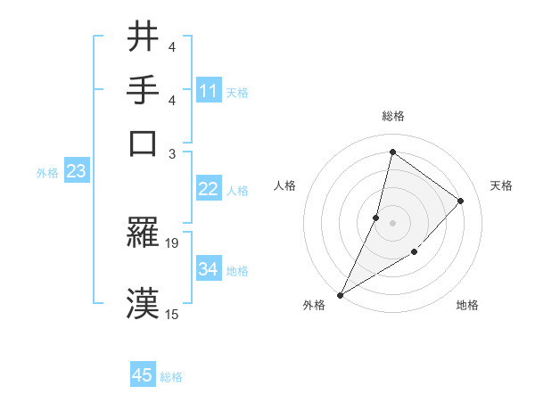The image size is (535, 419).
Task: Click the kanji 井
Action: (x=144, y=38)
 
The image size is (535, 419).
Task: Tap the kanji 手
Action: (x=144, y=90)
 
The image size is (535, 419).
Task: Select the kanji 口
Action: (x=144, y=143)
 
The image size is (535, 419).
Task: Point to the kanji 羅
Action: (x=144, y=234)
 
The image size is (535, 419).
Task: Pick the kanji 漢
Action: (x=144, y=303)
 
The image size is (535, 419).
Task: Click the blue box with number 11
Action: (x=209, y=91)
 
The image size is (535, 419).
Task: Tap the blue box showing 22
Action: (x=209, y=189)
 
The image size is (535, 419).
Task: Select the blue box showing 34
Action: (x=209, y=269)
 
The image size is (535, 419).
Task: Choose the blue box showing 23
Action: (x=76, y=172)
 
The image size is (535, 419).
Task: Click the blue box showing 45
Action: (x=143, y=375)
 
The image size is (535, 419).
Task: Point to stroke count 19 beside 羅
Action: (x=172, y=242)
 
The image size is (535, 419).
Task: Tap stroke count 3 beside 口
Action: (x=172, y=152)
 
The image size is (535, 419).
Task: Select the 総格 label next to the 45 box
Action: (x=171, y=377)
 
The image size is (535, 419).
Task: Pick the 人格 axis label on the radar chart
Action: (x=285, y=185)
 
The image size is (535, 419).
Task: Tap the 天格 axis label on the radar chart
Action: (x=501, y=185)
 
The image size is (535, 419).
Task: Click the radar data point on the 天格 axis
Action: (x=461, y=201)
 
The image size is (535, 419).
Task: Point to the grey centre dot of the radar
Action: (x=392, y=223)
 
